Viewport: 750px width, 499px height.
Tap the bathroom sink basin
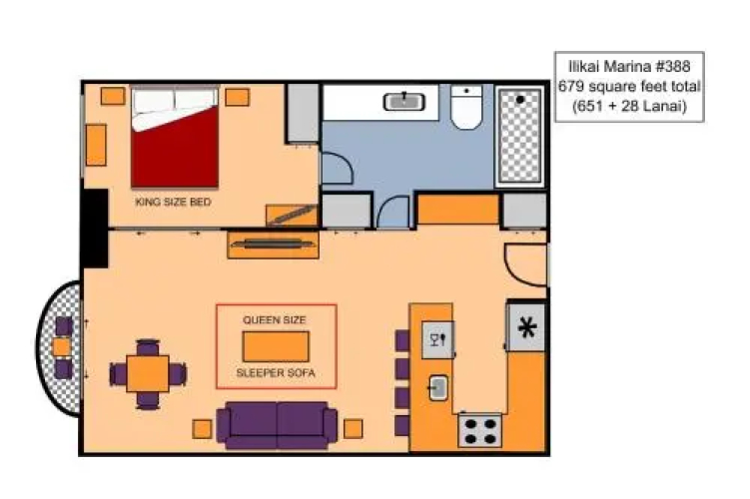point(404,102)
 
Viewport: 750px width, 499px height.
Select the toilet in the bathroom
point(466,108)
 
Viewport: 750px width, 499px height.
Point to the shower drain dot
point(520,100)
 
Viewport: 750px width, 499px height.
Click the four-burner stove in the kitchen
point(479,431)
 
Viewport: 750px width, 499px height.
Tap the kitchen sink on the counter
point(437,387)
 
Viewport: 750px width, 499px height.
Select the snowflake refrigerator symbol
point(527,328)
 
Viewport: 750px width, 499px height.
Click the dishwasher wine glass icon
point(437,340)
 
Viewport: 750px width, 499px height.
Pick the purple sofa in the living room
point(277,425)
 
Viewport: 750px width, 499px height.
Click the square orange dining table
point(148,374)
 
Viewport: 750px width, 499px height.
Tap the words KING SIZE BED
point(173,202)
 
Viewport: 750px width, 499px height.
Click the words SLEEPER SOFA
point(276,373)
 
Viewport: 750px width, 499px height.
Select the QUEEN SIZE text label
point(274,319)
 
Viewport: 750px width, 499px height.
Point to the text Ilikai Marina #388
point(629,66)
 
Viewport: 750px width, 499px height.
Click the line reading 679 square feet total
point(629,87)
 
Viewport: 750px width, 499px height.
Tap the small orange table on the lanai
point(61,346)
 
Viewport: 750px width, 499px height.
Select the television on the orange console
point(274,244)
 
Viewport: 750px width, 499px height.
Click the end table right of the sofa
point(353,429)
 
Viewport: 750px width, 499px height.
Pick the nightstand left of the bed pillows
point(113,96)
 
